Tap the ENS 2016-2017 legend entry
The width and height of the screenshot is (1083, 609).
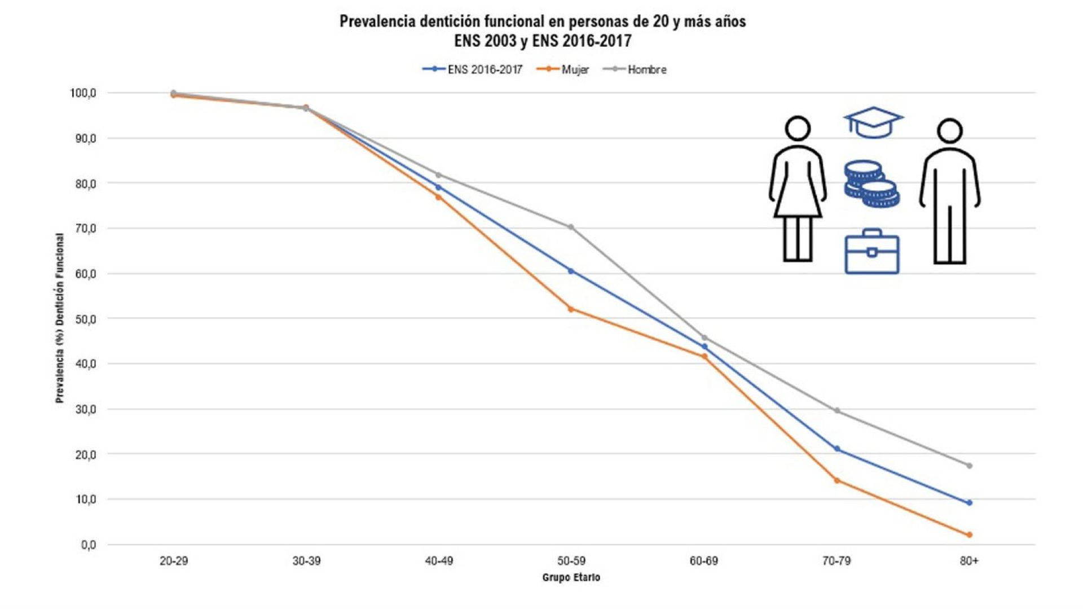474,69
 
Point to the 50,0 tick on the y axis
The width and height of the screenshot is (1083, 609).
86,319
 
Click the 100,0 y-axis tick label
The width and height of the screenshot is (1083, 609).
83,93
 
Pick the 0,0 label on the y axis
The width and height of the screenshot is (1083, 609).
89,545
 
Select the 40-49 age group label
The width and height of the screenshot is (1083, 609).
439,561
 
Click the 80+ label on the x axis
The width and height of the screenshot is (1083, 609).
969,561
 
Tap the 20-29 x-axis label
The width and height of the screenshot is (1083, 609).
174,561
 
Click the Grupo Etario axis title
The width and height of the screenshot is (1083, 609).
571,577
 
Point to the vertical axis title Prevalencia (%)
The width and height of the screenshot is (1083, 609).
60,318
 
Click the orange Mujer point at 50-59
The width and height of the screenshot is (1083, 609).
571,309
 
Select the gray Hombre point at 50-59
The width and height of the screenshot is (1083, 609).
571,227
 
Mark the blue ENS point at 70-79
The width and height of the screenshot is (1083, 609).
837,449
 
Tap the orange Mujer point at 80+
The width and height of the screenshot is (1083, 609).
969,535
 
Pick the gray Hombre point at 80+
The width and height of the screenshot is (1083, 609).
969,466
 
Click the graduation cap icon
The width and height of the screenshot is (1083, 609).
873,122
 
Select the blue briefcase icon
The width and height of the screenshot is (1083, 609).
871,252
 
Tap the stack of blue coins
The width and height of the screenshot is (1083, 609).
871,184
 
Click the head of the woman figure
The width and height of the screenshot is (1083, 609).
798,129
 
